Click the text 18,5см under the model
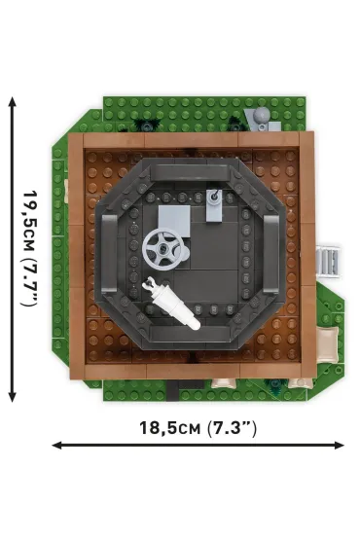point(169,428)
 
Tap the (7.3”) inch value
point(232,428)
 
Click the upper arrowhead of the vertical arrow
point(13,102)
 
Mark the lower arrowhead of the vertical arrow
point(13,396)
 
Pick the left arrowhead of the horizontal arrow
point(57,446)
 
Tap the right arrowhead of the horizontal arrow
point(339,446)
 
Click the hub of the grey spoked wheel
point(162,248)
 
